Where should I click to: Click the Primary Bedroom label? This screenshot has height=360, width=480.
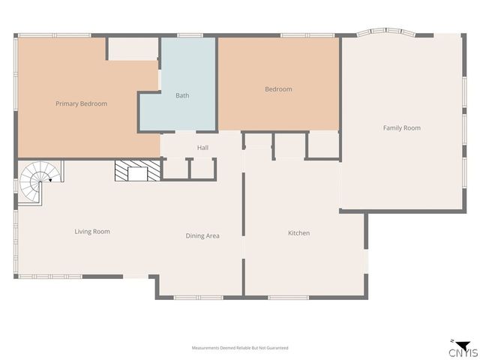(81, 103)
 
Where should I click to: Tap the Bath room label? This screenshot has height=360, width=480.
(182, 95)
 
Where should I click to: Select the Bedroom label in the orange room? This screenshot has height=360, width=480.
(278, 89)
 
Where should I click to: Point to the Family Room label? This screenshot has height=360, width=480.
(401, 128)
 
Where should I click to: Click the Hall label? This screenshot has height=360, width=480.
(202, 148)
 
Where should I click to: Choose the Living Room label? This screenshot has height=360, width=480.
(92, 232)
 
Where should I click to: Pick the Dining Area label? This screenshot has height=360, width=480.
(202, 236)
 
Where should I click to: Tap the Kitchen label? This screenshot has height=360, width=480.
(298, 233)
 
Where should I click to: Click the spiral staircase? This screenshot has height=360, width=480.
(36, 182)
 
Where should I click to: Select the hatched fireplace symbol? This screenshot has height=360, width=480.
(137, 172)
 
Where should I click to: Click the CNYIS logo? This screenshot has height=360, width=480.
(462, 349)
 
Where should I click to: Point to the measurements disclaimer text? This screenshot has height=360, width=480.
(240, 348)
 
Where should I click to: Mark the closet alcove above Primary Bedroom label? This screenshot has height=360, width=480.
(133, 48)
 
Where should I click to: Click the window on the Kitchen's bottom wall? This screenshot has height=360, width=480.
(289, 298)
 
